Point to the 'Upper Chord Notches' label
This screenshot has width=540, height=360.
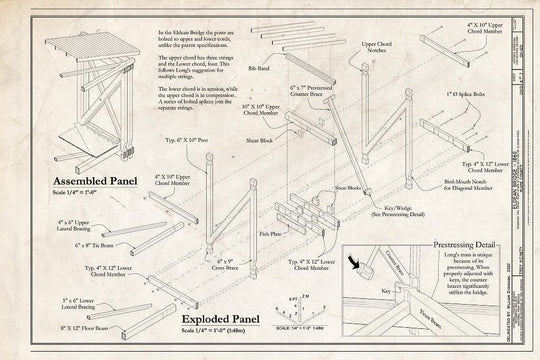377,49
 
